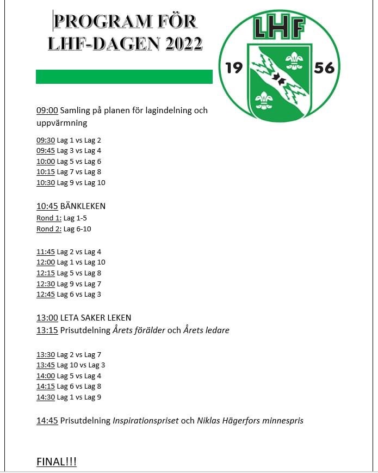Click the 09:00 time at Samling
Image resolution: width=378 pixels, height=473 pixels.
pos(47,110)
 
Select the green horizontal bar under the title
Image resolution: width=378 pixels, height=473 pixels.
pos(124,77)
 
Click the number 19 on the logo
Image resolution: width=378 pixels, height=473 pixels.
pos(234,67)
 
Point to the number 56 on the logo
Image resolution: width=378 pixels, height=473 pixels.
pos(324,68)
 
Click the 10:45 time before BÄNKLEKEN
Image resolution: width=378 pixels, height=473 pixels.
pos(47,206)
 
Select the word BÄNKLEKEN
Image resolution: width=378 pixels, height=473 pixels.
pos(83,206)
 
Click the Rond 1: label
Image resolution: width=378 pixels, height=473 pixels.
pos(48,218)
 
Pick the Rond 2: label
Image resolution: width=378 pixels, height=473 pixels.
pos(48,229)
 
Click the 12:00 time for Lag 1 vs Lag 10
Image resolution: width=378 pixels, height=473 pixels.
pos(46,262)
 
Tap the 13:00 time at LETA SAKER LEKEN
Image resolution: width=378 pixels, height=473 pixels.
pos(47,318)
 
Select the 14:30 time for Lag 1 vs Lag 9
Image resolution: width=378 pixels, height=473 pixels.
pos(46,397)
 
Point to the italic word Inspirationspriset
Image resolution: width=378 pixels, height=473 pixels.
pos(145,421)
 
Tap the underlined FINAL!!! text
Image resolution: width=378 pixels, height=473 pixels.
pos(57,462)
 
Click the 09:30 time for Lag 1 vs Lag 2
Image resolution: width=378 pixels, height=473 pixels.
pos(46,140)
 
